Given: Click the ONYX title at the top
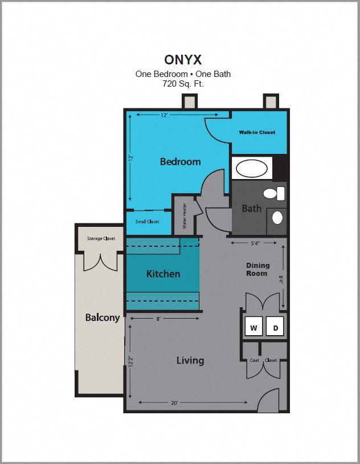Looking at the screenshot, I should click(x=183, y=60).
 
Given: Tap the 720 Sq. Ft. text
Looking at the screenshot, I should click(x=183, y=83).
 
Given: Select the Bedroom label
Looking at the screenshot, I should click(x=180, y=162).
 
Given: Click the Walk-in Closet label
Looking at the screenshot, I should click(x=257, y=132).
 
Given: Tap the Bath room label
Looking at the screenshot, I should click(x=251, y=209).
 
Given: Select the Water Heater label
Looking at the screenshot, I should click(x=185, y=216).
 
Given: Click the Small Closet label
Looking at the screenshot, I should click(x=147, y=222).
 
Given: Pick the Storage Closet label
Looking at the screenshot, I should click(x=101, y=238).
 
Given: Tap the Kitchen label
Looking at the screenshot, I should click(x=163, y=274).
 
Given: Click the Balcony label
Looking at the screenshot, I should click(x=103, y=318).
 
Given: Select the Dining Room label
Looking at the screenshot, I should click(x=257, y=269).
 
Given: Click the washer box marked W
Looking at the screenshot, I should click(x=254, y=328).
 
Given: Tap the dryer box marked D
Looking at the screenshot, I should click(x=276, y=328).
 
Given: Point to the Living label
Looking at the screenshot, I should click(x=190, y=360).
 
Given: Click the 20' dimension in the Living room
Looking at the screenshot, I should click(x=174, y=403).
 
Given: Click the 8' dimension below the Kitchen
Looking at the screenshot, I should click(x=158, y=319).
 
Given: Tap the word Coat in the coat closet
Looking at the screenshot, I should click(x=255, y=360).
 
